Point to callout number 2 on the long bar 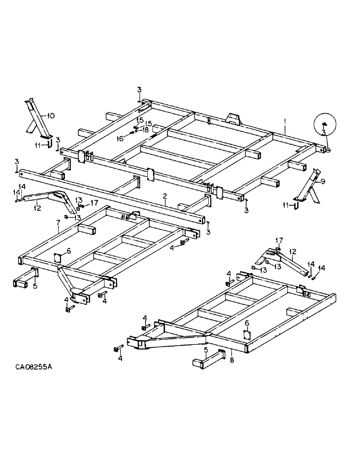pos(165,197)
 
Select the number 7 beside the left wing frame pos(58,223)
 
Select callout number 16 pos(120,138)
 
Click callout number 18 pos(146,130)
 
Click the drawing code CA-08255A pos(33,367)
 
